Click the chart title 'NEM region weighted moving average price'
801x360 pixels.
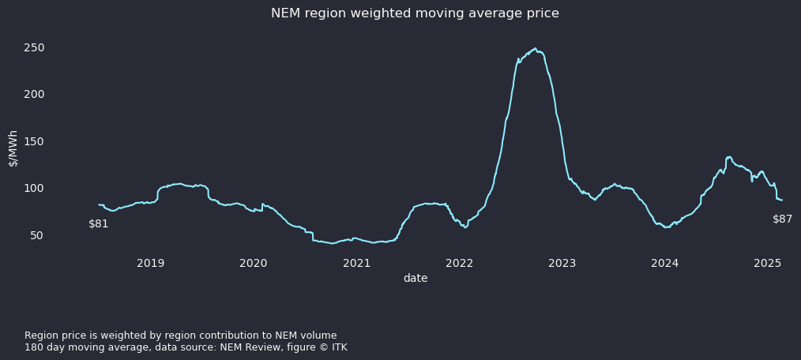tap(415, 13)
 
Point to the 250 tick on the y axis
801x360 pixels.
tap(34, 47)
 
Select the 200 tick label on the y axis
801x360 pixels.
tap(34, 94)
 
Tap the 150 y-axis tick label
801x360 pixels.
tap(34, 141)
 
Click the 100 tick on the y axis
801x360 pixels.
tap(34, 188)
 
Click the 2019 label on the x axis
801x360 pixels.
tap(150, 263)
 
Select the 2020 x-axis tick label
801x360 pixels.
tap(253, 263)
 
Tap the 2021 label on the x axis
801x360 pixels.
tap(356, 263)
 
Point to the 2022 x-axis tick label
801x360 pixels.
tap(459, 263)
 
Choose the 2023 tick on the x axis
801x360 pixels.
tap(562, 263)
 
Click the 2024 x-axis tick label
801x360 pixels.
tap(665, 263)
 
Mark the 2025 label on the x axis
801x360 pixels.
tap(768, 263)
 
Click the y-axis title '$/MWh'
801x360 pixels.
tap(13, 148)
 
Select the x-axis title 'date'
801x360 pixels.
tap(415, 278)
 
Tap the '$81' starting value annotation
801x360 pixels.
tap(99, 223)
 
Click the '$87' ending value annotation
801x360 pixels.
tap(782, 219)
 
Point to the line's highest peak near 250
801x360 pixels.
tap(535, 48)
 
